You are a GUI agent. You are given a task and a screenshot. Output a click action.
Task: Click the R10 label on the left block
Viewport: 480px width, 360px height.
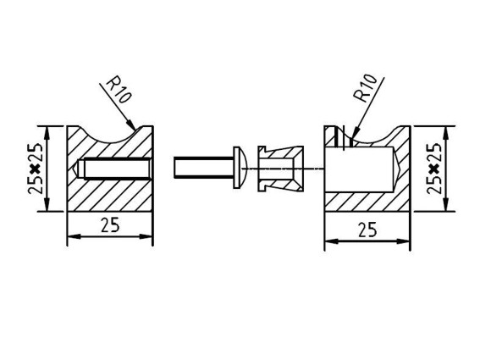[x=119, y=91]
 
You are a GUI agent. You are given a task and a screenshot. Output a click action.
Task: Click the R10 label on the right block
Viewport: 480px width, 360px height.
[x=365, y=88]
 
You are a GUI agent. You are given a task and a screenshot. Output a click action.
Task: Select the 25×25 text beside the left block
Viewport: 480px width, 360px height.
[x=35, y=169]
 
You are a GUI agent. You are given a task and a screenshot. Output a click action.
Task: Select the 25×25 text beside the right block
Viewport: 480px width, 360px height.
[x=434, y=169]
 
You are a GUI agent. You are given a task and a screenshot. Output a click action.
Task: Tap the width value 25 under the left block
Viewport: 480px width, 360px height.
[x=110, y=226]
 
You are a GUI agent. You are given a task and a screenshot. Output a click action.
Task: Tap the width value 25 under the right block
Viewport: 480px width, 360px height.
[x=367, y=230]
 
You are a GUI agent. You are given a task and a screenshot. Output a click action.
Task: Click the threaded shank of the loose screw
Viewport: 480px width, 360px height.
[x=203, y=167]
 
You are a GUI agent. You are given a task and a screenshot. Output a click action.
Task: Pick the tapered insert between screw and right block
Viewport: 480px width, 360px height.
[x=281, y=169]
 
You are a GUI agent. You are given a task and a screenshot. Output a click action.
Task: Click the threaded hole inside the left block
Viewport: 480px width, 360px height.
[x=114, y=168]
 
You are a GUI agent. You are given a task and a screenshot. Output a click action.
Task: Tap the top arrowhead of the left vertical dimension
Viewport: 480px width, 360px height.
[x=47, y=133]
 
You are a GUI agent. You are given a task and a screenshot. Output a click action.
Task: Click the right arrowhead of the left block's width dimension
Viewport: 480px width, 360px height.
[x=146, y=236]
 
